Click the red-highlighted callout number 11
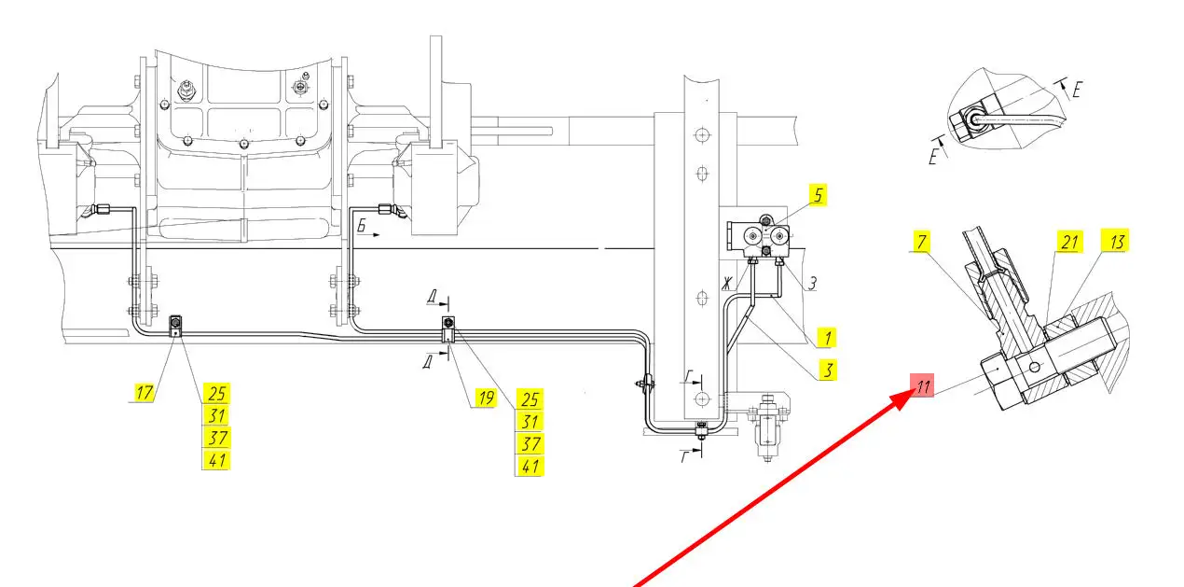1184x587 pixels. click(922, 385)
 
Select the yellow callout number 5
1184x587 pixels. click(818, 195)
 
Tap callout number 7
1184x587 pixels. click(922, 242)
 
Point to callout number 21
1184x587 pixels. click(1069, 242)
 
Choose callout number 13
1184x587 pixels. click(1115, 242)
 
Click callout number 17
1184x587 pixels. click(144, 392)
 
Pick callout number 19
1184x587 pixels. click(485, 398)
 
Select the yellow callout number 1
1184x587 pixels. click(827, 338)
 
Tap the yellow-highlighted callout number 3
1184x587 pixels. click(828, 370)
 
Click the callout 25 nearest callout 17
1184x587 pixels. click(216, 393)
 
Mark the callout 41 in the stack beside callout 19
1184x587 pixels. click(530, 466)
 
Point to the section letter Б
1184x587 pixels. click(362, 226)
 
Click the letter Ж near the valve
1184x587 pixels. click(728, 283)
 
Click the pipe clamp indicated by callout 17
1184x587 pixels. click(175, 326)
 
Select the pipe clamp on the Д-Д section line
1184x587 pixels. click(448, 329)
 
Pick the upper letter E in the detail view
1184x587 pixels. click(1077, 89)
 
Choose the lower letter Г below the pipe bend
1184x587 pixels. click(684, 455)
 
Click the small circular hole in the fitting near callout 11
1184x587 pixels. click(1035, 367)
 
